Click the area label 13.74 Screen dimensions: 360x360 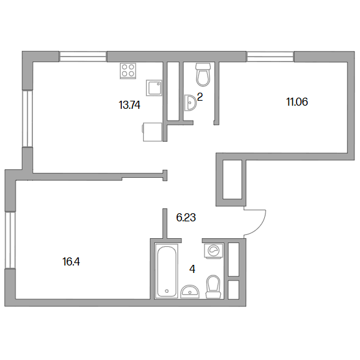pyautogui.click(x=129, y=105)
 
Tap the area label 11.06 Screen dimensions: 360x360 pyautogui.click(x=297, y=102)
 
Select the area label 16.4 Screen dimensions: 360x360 pyautogui.click(x=71, y=262)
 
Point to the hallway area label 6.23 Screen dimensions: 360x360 pyautogui.click(x=186, y=218)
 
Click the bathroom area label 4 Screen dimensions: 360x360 pyautogui.click(x=192, y=269)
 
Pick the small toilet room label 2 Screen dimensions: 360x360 pyautogui.click(x=200, y=98)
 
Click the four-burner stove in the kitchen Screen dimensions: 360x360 pyautogui.click(x=128, y=71)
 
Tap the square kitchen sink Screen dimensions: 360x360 pyautogui.click(x=154, y=88)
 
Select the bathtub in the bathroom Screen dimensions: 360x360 pyautogui.click(x=167, y=271)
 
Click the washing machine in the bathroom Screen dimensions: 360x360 pyautogui.click(x=214, y=251)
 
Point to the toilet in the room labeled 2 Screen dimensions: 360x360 pyautogui.click(x=203, y=75)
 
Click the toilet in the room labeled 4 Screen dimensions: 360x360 pyautogui.click(x=213, y=287)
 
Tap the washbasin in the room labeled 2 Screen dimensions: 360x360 pyautogui.click(x=190, y=103)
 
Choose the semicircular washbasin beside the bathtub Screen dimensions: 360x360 pyautogui.click(x=190, y=292)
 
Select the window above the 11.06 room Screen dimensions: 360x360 pyautogui.click(x=270, y=57)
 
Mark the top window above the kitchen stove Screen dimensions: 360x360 pyautogui.click(x=83, y=57)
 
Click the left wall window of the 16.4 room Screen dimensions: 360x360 pyautogui.click(x=11, y=240)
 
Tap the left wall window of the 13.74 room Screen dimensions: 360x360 pyautogui.click(x=27, y=119)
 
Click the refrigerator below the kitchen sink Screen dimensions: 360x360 pyautogui.click(x=152, y=132)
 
